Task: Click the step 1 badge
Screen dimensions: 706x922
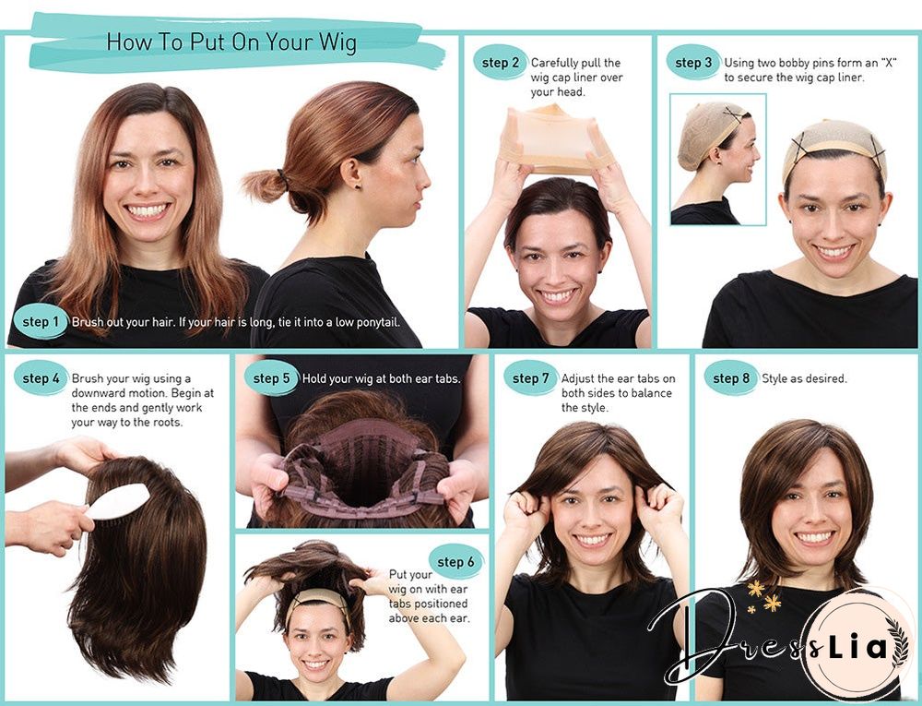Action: pos(41,322)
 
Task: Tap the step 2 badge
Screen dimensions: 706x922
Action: pos(502,63)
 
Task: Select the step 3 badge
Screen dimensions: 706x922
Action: pos(693,63)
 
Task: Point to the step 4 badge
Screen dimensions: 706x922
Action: pos(41,378)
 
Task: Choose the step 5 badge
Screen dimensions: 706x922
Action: pos(272,378)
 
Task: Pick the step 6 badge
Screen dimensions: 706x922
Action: pos(455,562)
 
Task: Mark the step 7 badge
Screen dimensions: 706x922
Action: pos(531,378)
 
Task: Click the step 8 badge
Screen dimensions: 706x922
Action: pos(731,378)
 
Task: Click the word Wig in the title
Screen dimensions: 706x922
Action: pos(334,42)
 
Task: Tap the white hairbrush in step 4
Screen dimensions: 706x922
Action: pos(118,502)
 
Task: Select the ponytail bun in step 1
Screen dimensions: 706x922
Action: pos(265,183)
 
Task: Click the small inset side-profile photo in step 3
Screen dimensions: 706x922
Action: pos(717,159)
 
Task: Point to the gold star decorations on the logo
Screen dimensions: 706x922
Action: pos(763,596)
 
